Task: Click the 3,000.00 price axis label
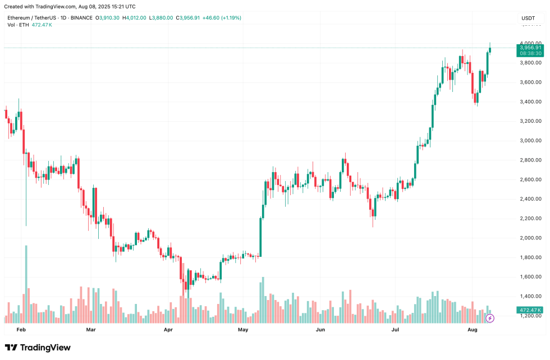tap(530, 141)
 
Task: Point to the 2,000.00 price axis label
tap(530, 238)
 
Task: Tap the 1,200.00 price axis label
tap(530, 316)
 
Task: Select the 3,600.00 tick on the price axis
tap(530, 82)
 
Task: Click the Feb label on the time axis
tap(21, 331)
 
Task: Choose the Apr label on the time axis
tap(168, 331)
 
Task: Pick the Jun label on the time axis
tap(320, 331)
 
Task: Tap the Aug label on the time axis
tap(473, 331)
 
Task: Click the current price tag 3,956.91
tap(530, 48)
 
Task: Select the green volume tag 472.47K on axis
tap(530, 310)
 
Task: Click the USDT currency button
tap(528, 18)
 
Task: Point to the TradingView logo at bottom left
tap(38, 348)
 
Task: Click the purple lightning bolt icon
tap(489, 318)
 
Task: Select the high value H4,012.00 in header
tap(135, 18)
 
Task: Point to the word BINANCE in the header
tap(81, 18)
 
